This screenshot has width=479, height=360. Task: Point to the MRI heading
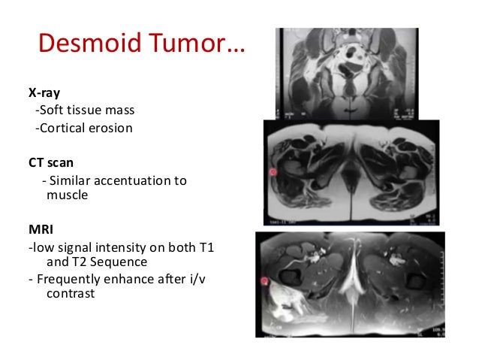(41, 228)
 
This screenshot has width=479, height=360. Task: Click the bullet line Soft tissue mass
(85, 111)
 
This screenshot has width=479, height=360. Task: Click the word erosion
(110, 128)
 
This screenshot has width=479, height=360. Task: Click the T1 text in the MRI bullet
(207, 247)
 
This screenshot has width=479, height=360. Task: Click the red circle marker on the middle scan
(273, 172)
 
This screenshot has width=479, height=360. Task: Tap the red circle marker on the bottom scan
(265, 283)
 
